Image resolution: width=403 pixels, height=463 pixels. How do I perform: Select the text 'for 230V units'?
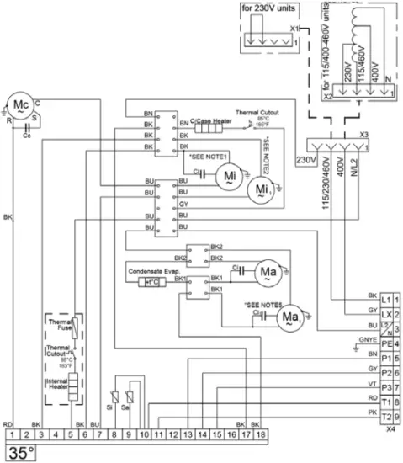click(x=269, y=9)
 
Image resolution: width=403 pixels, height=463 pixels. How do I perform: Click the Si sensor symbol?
click(x=114, y=398)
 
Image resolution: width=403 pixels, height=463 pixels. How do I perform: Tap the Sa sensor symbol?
click(x=129, y=398)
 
